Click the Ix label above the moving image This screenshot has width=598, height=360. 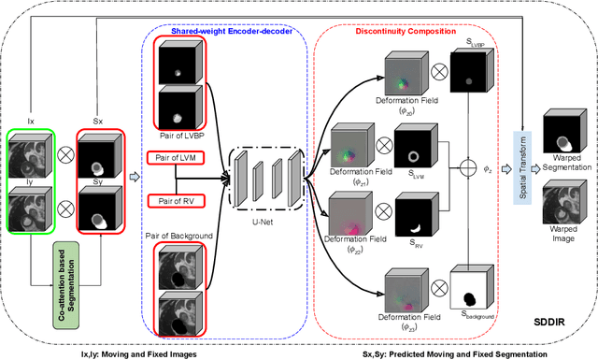click(31, 121)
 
